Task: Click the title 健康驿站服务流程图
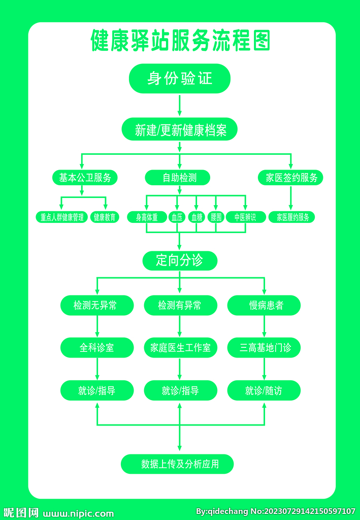[180, 41]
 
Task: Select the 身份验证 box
[180, 78]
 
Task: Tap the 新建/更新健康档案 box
[180, 131]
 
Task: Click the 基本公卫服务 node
[85, 177]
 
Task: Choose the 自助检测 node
[177, 177]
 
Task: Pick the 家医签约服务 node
[290, 177]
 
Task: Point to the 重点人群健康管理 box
[62, 217]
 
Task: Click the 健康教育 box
[105, 217]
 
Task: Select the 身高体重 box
[147, 217]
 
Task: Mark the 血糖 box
[197, 217]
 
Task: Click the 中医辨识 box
[245, 217]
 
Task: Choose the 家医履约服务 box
[291, 217]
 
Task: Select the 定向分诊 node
[180, 261]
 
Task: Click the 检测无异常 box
[97, 305]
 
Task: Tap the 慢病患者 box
[264, 305]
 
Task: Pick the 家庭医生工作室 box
[180, 348]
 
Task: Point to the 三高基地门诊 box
[264, 348]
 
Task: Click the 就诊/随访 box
[264, 391]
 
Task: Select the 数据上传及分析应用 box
[177, 464]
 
